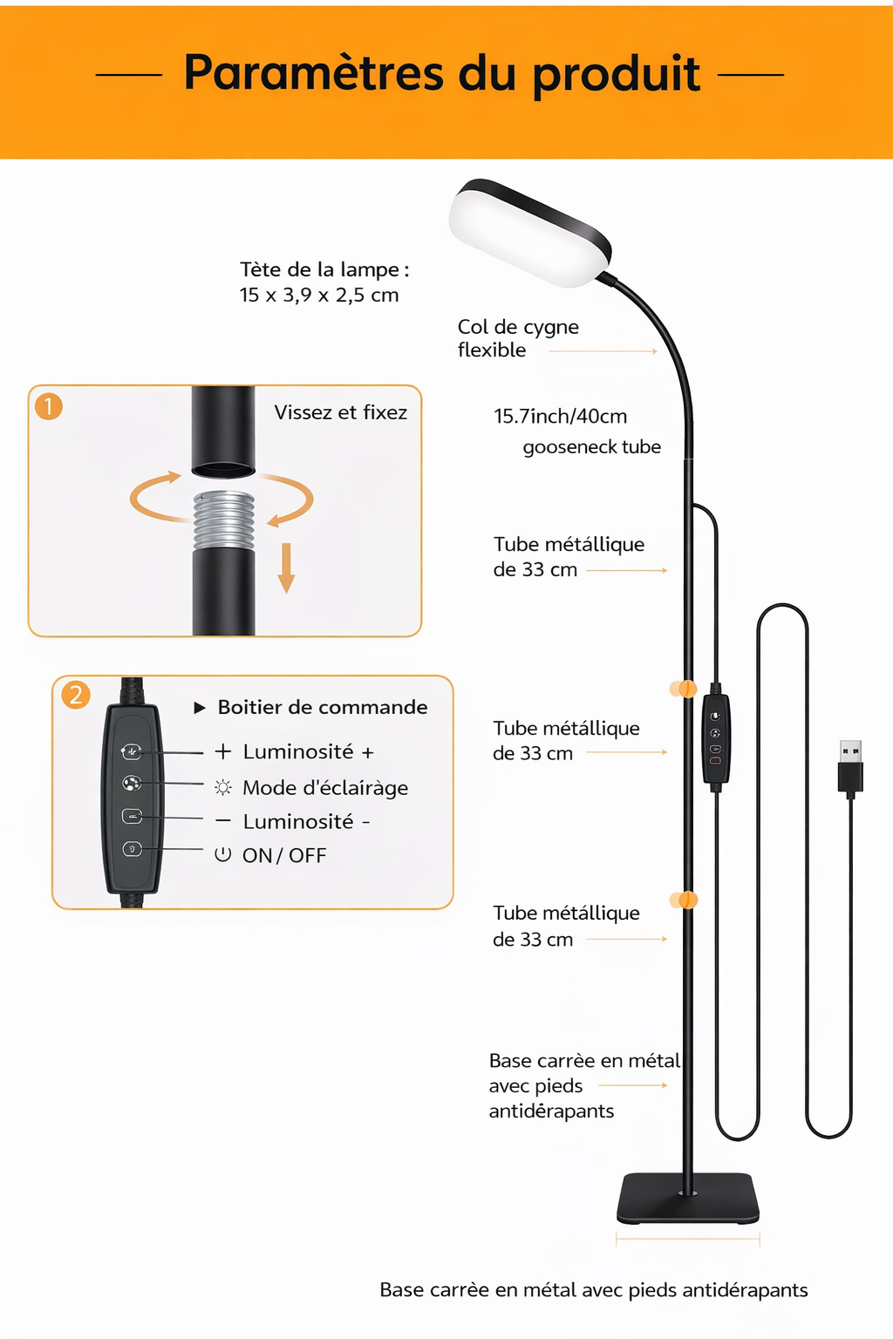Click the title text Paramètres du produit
click(x=441, y=73)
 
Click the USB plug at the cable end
click(x=850, y=767)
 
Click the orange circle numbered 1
click(x=49, y=406)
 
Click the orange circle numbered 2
click(x=76, y=695)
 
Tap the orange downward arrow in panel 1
click(x=286, y=568)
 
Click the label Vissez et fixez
click(x=340, y=412)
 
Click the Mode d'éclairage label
click(x=324, y=788)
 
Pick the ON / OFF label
click(x=283, y=855)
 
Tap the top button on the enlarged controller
click(x=132, y=751)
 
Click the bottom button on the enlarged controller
click(x=132, y=848)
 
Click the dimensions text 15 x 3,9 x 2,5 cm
click(x=319, y=295)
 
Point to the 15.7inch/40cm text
click(x=560, y=417)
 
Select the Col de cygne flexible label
click(x=517, y=338)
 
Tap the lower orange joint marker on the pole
click(x=684, y=900)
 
